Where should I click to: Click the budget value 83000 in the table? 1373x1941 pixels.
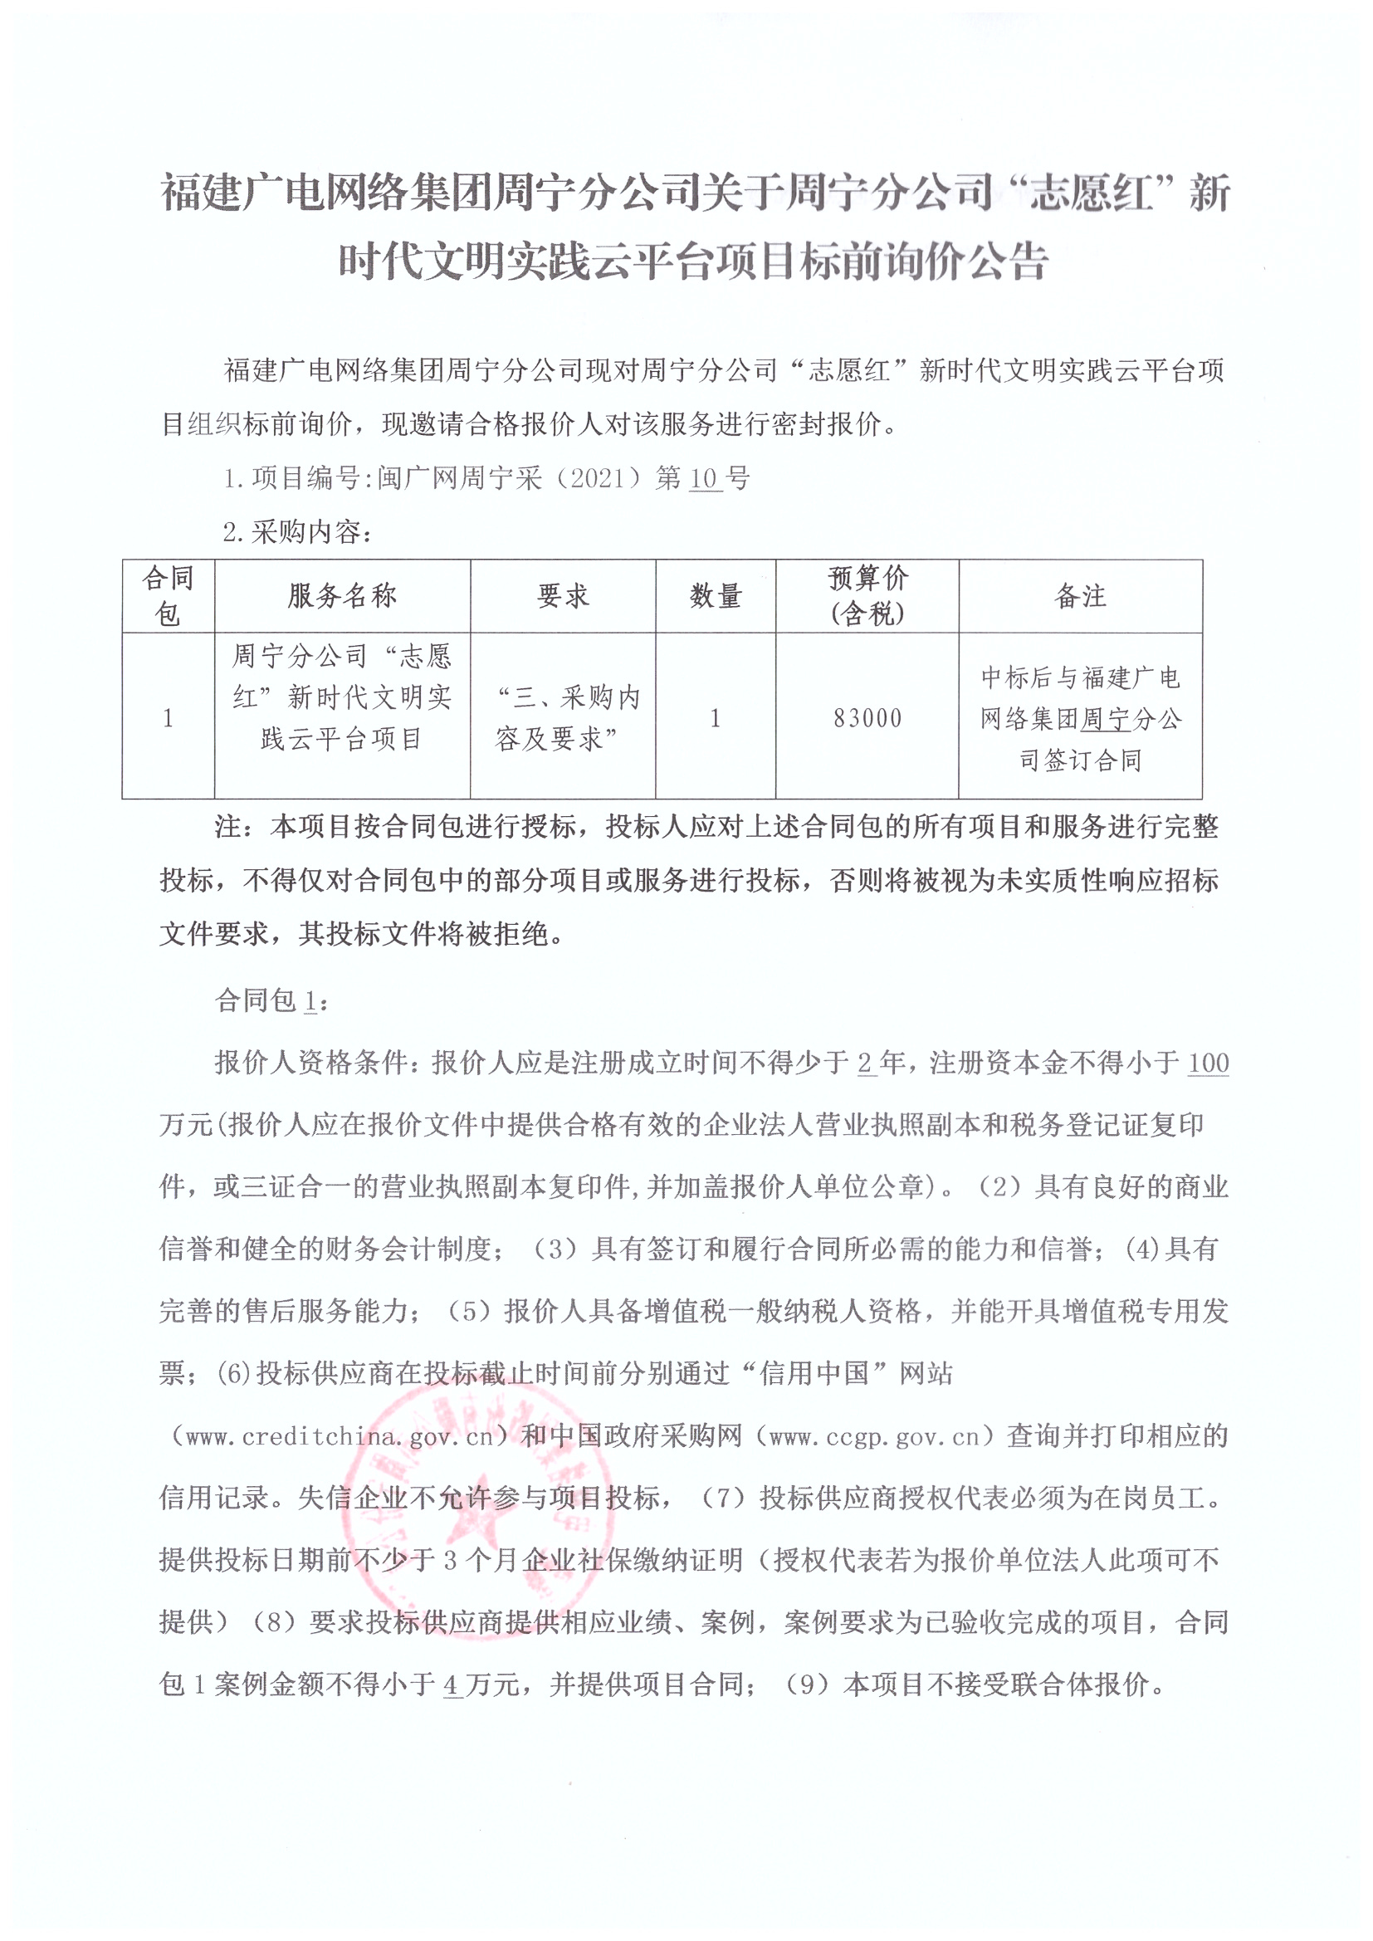click(x=867, y=718)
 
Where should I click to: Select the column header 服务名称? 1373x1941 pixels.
click(x=341, y=596)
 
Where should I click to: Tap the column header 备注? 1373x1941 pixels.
click(x=1080, y=596)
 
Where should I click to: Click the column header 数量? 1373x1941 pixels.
click(x=716, y=596)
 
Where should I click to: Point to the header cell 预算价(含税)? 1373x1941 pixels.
click(x=867, y=596)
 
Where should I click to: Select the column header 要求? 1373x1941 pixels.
click(x=563, y=596)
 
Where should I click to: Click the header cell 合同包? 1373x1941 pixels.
click(x=169, y=596)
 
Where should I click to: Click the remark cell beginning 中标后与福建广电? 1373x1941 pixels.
click(x=1080, y=718)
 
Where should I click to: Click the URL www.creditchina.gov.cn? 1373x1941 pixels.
click(x=338, y=1436)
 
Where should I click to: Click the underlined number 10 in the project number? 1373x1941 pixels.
click(x=703, y=478)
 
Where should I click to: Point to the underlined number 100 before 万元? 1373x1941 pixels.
click(x=1208, y=1063)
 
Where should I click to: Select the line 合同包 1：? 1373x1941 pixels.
click(x=271, y=1001)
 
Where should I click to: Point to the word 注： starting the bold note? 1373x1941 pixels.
click(x=239, y=827)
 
